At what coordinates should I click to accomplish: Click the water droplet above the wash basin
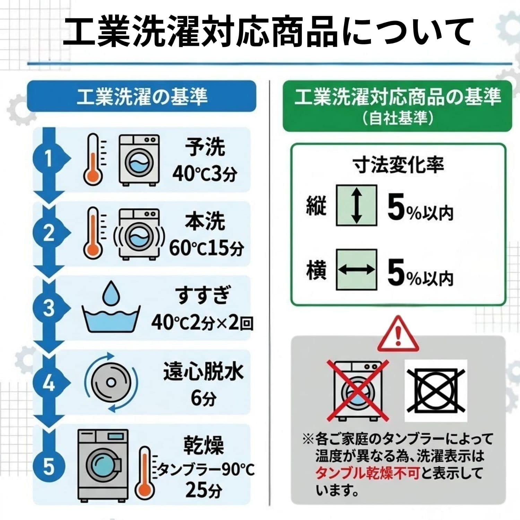(111, 292)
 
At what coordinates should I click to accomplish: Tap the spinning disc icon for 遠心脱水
(111, 382)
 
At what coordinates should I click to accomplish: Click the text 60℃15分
(207, 248)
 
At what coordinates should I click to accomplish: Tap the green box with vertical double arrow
(356, 206)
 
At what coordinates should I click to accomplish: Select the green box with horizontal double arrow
(356, 269)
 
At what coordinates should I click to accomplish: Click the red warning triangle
(398, 333)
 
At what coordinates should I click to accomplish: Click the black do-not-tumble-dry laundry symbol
(436, 390)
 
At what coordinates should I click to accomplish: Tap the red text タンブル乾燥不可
(367, 473)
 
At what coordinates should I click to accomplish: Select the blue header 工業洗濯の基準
(142, 96)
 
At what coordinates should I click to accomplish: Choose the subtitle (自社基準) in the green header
(398, 118)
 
